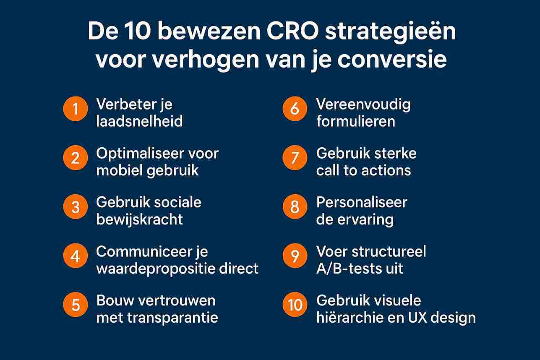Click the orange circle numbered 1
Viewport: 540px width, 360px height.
point(76,109)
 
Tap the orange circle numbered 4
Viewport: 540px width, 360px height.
point(76,256)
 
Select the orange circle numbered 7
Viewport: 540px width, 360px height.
point(295,158)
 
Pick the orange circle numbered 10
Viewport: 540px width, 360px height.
point(295,305)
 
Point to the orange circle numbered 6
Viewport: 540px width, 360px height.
point(295,109)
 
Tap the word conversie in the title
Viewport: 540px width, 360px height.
point(392,60)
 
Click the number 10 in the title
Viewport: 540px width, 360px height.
point(130,33)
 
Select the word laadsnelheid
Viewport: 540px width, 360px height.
point(139,121)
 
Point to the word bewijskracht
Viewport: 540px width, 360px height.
point(139,219)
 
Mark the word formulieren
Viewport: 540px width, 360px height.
point(356,121)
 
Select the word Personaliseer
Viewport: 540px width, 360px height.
point(362,203)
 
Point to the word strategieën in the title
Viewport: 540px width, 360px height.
point(391,33)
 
